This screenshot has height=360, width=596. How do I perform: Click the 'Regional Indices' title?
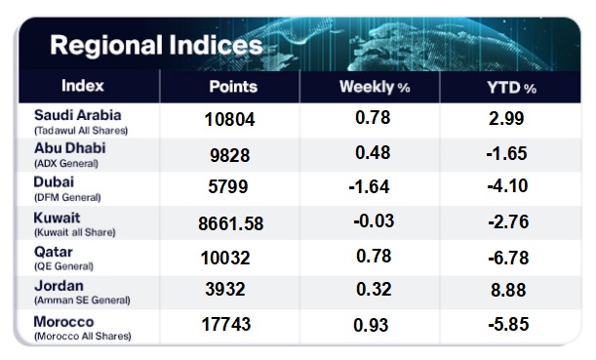click(156, 46)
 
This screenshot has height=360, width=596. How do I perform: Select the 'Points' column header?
click(233, 87)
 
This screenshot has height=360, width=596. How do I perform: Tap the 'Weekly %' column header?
click(375, 87)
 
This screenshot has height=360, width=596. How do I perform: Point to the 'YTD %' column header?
click(511, 88)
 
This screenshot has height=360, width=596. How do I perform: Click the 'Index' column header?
click(83, 86)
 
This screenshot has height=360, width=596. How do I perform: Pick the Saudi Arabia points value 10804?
click(229, 120)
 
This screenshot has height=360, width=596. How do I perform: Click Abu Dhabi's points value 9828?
click(229, 155)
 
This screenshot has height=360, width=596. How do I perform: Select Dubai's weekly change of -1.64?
click(369, 186)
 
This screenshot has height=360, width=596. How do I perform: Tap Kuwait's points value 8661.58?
click(231, 223)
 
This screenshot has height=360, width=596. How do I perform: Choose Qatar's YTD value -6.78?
click(508, 259)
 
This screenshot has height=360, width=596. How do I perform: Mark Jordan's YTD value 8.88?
click(508, 291)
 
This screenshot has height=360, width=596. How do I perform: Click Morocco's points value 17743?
click(225, 324)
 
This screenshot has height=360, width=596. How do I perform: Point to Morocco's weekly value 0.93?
click(371, 325)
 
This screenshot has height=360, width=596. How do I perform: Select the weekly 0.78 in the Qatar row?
click(374, 257)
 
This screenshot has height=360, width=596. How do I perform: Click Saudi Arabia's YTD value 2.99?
click(506, 118)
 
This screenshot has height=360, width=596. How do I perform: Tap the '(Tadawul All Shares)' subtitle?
click(81, 131)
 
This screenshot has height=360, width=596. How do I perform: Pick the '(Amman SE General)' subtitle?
click(82, 300)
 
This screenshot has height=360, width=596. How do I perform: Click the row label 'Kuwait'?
click(57, 218)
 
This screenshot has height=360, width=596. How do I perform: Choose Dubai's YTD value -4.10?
click(507, 186)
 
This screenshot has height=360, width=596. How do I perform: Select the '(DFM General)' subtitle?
click(67, 198)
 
